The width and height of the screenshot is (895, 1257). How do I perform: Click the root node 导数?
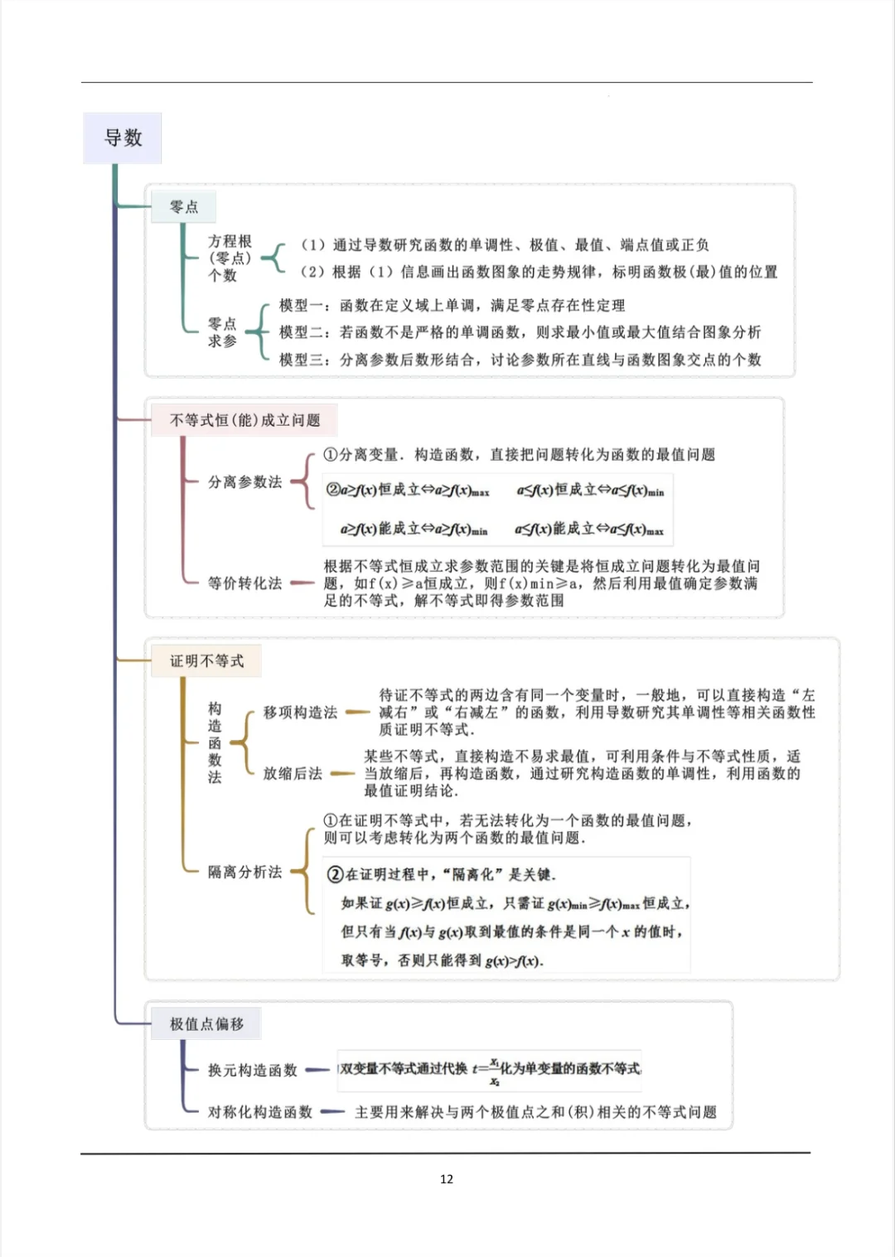[123, 138]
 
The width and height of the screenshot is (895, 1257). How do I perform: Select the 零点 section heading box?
[183, 206]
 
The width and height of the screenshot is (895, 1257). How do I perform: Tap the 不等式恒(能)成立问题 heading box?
[244, 420]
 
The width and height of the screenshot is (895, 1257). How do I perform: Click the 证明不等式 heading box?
[206, 660]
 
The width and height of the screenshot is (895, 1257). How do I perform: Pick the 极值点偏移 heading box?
[206, 1023]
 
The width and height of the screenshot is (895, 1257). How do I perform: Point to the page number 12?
[447, 1178]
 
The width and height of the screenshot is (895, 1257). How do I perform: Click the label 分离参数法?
[244, 481]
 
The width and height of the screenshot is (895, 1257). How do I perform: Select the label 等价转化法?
[244, 583]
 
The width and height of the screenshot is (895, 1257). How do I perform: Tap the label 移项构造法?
[300, 712]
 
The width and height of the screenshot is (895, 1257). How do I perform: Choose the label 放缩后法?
[293, 773]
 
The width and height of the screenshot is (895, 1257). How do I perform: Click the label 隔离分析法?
[244, 871]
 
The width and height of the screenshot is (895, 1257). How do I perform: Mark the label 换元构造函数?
[252, 1070]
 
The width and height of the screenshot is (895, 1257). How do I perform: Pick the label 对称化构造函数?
[259, 1112]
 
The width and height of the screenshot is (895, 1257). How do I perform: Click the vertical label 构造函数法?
[215, 742]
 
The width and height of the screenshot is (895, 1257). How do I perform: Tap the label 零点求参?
[222, 332]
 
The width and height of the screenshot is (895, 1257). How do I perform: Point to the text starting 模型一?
[452, 305]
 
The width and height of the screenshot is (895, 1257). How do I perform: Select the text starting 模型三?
[520, 360]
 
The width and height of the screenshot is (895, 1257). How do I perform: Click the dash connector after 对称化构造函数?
[332, 1112]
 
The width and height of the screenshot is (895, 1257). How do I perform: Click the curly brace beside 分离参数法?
[305, 481]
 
